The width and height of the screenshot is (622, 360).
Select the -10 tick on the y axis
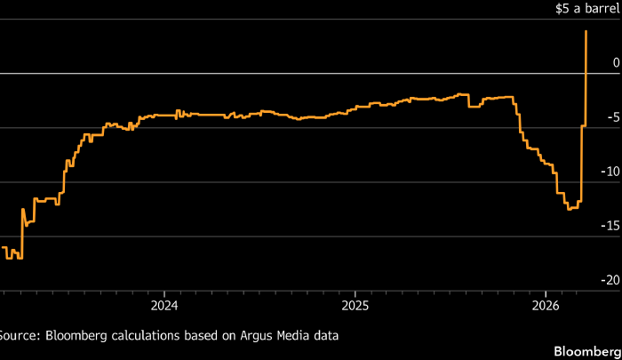point(609,172)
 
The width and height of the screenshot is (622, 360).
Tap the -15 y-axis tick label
point(609,226)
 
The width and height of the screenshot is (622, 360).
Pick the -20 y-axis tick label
point(609,280)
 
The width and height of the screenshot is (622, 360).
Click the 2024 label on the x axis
point(164,305)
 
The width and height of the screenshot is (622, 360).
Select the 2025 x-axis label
point(355,305)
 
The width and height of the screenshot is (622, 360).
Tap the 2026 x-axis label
point(545,305)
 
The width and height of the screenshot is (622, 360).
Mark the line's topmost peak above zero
point(586,31)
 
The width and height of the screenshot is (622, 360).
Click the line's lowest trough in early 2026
point(570,209)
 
